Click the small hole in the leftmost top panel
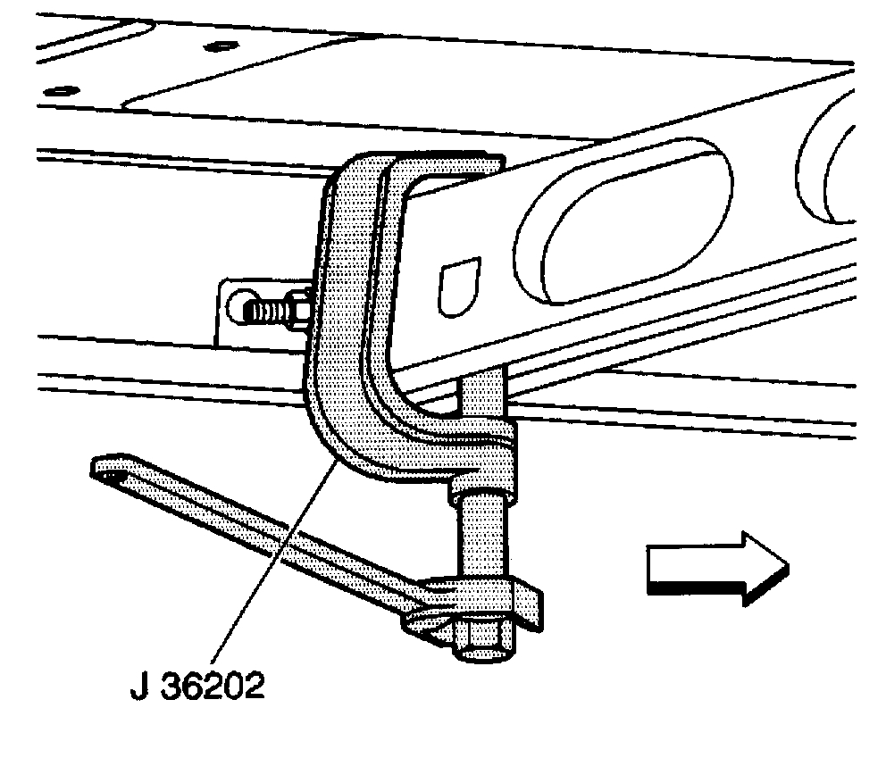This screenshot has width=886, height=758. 60,89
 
